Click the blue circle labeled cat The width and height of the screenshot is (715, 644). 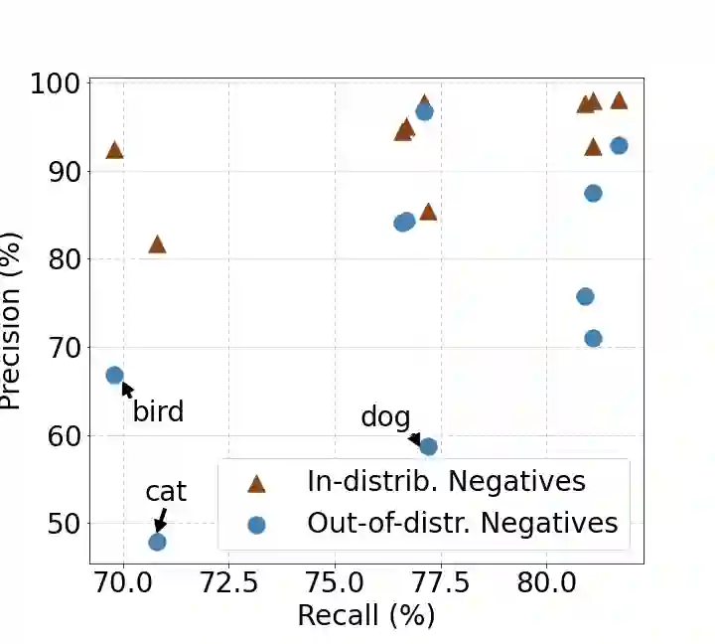[x=157, y=542]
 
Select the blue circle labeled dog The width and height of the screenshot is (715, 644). [x=428, y=446]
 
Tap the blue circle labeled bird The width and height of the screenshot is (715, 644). [x=114, y=375]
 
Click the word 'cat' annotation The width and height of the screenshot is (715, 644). [x=166, y=491]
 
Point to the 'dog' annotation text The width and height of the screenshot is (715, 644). [x=385, y=417]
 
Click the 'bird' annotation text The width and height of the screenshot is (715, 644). [x=158, y=410]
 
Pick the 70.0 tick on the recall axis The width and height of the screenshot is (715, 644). [x=123, y=580]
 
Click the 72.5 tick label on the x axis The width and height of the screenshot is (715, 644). [x=228, y=580]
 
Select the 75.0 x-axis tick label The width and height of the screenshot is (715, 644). [x=335, y=580]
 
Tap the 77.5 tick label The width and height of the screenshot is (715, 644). [x=440, y=580]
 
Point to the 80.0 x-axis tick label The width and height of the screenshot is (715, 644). [x=546, y=580]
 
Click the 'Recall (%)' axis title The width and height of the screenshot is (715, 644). [x=365, y=615]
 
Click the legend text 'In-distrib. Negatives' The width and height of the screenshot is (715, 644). [x=446, y=482]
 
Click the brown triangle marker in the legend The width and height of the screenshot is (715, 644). [x=256, y=483]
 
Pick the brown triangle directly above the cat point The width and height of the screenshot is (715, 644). [x=157, y=243]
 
